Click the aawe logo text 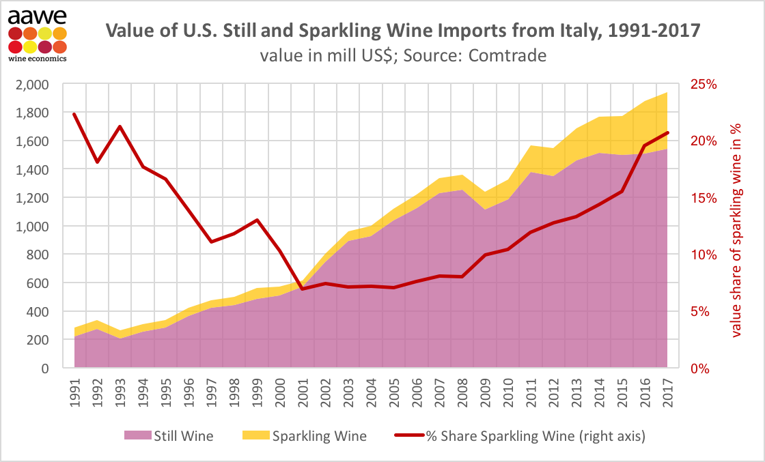point(37,14)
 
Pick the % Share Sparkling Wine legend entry point(519,435)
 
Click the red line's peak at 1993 point(120,126)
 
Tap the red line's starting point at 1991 point(74,114)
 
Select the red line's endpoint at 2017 point(667,132)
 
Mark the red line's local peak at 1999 point(257,220)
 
